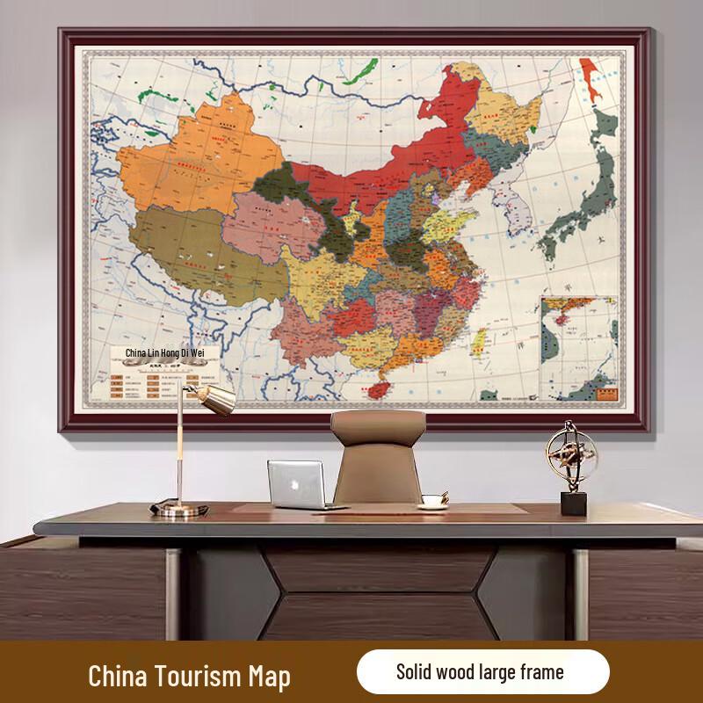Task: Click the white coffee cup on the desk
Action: (x=431, y=500)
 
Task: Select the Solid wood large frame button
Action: (x=482, y=672)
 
